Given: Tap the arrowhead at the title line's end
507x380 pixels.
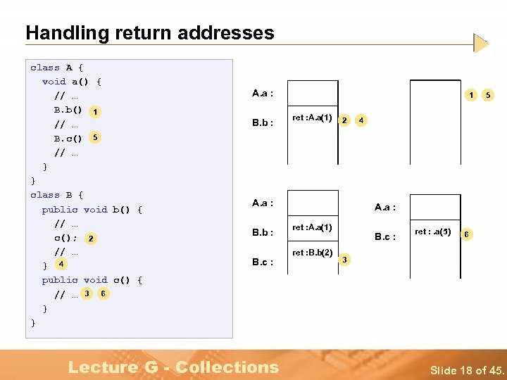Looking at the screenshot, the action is (x=481, y=44).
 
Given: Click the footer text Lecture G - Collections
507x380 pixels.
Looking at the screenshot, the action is (x=173, y=367).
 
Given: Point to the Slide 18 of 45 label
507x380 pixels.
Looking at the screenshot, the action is (x=467, y=370).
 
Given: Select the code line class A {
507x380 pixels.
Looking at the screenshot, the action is (x=57, y=68).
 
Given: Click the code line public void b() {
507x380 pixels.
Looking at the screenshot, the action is (x=92, y=209).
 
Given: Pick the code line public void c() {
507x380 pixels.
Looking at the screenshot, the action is (x=92, y=280).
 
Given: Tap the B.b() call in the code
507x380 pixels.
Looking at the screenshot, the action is (x=68, y=110).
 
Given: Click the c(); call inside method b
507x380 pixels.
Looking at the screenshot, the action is (x=65, y=237).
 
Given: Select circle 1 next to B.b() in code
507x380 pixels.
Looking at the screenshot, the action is (x=95, y=111).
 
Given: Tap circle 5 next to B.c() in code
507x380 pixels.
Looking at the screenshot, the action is (x=95, y=137).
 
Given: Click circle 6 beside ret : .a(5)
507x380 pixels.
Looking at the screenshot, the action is (x=466, y=234).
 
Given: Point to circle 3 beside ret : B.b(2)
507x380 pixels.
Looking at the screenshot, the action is (x=345, y=260).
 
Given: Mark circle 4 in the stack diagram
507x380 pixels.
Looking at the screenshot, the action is (x=361, y=120).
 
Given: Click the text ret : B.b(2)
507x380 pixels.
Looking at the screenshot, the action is (x=312, y=252).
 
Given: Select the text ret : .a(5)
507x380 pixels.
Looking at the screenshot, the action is (x=433, y=232).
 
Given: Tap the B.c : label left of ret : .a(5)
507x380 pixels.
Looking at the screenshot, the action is (x=385, y=236).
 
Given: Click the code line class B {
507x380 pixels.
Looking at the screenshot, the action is (x=57, y=195).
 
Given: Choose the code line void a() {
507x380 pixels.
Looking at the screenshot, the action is (x=72, y=82).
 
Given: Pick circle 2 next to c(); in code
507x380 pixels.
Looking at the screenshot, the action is (x=92, y=239).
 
